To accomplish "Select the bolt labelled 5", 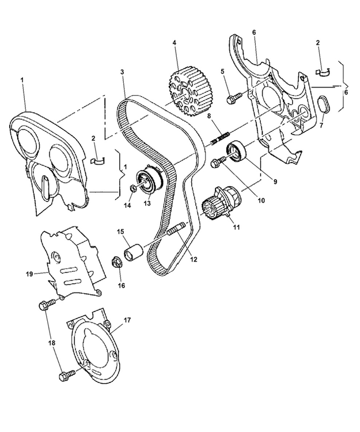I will (x=232, y=98).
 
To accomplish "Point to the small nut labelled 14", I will (x=132, y=187).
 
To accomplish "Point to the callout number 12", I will (x=193, y=260).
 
